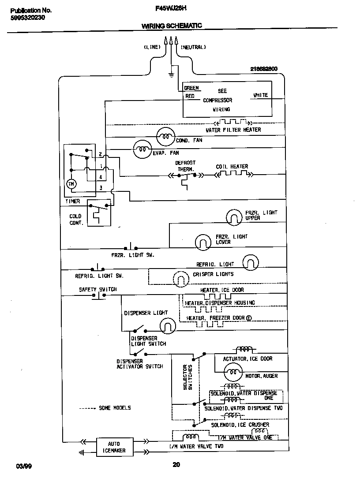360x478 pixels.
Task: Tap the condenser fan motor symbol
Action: (166, 136)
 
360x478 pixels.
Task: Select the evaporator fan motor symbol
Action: (142, 150)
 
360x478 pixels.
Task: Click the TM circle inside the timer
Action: (71, 184)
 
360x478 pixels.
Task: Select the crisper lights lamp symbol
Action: (180, 278)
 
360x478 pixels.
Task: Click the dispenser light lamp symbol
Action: (167, 325)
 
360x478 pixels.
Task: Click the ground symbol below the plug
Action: (171, 74)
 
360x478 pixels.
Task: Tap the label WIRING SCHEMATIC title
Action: (172, 26)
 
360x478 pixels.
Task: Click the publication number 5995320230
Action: (27, 18)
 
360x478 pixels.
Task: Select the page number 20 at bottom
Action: (176, 464)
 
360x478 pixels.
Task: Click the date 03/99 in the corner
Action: (22, 466)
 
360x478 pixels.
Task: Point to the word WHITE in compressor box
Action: (260, 95)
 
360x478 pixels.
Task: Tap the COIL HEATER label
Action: (232, 166)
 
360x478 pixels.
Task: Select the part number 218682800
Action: (264, 69)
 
